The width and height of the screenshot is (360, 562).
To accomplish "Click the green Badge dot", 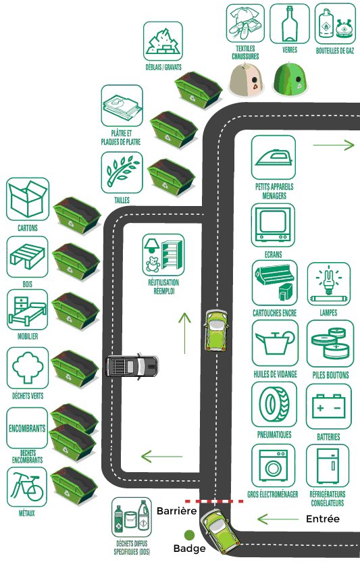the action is (x=189, y=536).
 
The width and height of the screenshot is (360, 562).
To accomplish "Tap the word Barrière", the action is (x=177, y=511).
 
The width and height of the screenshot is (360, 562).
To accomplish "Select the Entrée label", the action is (x=323, y=519).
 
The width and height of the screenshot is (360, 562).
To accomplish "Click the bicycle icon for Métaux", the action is (x=27, y=487).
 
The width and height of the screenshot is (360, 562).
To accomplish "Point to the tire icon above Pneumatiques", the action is (x=274, y=404).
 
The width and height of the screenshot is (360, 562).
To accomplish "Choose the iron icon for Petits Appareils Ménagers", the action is (x=274, y=157).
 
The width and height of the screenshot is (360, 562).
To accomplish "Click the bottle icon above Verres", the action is (x=289, y=24).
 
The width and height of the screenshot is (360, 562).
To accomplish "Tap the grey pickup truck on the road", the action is (x=132, y=366).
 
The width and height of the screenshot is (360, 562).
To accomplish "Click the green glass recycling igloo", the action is (x=290, y=79).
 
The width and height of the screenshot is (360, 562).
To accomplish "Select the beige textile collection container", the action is (x=247, y=80).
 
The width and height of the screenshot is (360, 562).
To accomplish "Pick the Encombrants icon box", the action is (x=27, y=428).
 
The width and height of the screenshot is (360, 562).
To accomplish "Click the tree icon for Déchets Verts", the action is (x=28, y=367).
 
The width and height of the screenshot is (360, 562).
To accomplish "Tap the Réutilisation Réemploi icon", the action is (x=163, y=255).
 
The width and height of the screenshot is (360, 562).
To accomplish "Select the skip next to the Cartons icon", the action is (x=77, y=215).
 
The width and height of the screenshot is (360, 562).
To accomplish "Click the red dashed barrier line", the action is (x=214, y=501).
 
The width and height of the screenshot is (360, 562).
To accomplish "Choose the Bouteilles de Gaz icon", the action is (x=335, y=24).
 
